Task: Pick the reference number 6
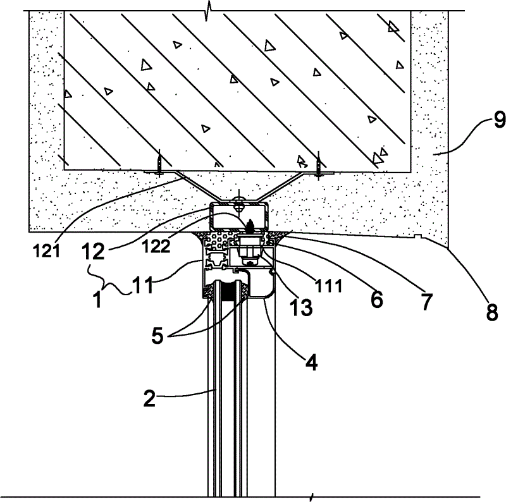tap(377, 298)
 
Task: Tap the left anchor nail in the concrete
tap(160, 164)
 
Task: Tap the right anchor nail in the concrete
tap(319, 164)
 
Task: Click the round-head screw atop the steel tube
tap(239, 202)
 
